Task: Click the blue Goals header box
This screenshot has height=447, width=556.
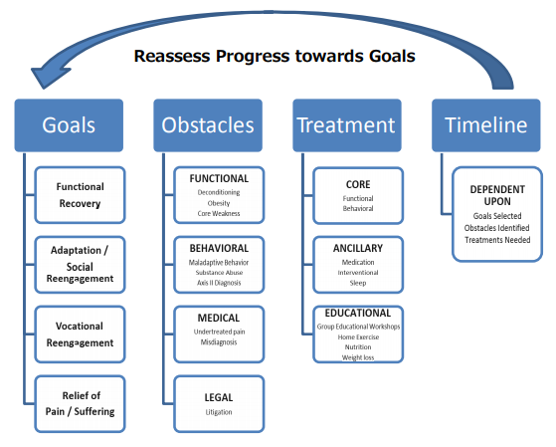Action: click(x=69, y=125)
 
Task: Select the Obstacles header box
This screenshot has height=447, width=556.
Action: click(x=208, y=125)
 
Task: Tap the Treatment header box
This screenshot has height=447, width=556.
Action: click(x=347, y=125)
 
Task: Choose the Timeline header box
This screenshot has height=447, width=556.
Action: click(x=486, y=125)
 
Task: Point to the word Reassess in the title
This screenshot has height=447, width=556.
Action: click(x=172, y=56)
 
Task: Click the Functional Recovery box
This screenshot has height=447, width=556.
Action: click(x=80, y=195)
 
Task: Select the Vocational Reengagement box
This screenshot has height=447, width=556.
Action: click(x=80, y=335)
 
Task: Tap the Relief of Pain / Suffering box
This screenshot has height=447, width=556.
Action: click(x=80, y=403)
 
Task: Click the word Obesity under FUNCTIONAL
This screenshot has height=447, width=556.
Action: click(x=219, y=203)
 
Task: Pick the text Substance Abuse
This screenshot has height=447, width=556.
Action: click(x=219, y=273)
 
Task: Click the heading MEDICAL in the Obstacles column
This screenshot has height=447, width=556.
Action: click(x=219, y=318)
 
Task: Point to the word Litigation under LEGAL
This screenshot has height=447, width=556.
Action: click(x=219, y=412)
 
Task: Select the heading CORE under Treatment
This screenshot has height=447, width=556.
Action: click(x=358, y=184)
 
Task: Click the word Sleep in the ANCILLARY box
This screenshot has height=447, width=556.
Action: click(x=358, y=283)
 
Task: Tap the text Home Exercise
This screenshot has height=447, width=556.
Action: click(x=358, y=336)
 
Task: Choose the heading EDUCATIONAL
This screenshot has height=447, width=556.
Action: click(x=358, y=313)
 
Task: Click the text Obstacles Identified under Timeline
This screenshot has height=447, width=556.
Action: click(x=496, y=228)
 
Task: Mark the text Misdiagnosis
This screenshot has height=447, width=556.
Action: click(x=219, y=342)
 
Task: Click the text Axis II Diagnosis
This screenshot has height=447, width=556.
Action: click(x=219, y=283)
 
